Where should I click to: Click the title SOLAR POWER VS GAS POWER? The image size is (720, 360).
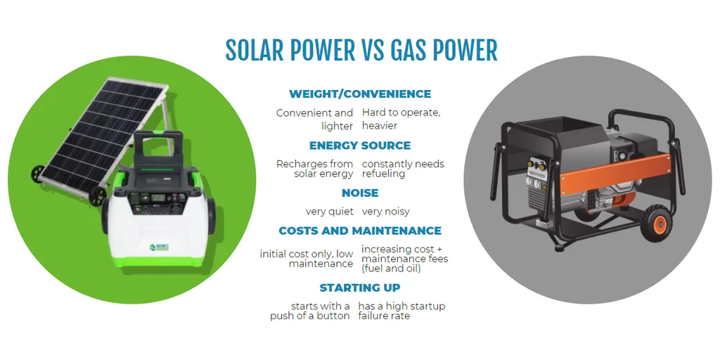361,51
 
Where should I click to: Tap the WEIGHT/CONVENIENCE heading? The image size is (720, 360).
360,94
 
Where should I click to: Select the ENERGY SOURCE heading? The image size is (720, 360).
360,146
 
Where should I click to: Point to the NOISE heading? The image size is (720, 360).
360,193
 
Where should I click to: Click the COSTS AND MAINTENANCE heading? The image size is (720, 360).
360,231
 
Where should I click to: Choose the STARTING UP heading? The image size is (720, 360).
360,288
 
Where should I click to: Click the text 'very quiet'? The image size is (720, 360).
330,211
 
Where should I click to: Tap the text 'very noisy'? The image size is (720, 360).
385,211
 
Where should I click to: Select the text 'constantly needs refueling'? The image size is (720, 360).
403,169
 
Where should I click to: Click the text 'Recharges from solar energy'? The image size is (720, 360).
315,169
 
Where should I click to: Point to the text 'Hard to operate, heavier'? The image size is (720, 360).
401,119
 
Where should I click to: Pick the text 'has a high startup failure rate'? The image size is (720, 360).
401,311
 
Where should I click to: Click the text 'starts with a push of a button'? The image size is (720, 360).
310,311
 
